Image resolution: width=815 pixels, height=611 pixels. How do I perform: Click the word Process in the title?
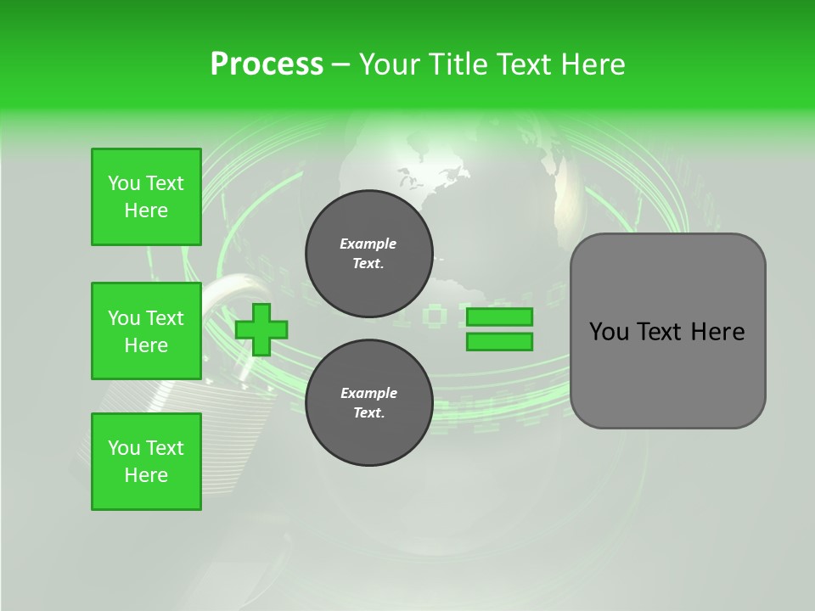tap(267, 64)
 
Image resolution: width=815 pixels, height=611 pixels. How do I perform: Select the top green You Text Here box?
tap(146, 197)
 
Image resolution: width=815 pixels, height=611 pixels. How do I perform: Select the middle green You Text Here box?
tap(146, 331)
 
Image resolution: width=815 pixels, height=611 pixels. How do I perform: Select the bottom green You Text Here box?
tap(146, 462)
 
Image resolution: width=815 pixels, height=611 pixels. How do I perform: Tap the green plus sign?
tap(261, 329)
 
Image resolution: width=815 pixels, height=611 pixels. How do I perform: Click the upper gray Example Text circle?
tap(368, 254)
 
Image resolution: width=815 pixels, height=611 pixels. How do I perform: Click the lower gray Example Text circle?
tap(368, 403)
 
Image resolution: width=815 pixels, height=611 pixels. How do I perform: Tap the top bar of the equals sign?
tap(499, 317)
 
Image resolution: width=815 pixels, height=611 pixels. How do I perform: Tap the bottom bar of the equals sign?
tap(499, 342)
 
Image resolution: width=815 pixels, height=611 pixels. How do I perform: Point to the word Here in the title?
tap(593, 64)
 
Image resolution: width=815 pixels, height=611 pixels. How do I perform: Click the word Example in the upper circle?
tap(368, 244)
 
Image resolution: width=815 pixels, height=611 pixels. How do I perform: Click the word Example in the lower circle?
tap(368, 393)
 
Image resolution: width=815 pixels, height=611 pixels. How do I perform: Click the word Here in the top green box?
tap(146, 210)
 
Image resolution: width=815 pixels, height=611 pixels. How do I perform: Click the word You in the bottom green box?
tap(123, 448)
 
